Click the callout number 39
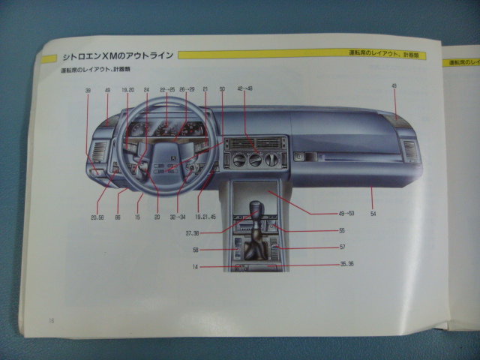pos(88,90)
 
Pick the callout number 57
pos(342,247)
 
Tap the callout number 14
pos(195,267)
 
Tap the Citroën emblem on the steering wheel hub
pos(172,158)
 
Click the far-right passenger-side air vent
pos(409,152)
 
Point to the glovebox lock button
pos(300,157)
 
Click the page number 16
pos(52,320)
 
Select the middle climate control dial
pos(255,159)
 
